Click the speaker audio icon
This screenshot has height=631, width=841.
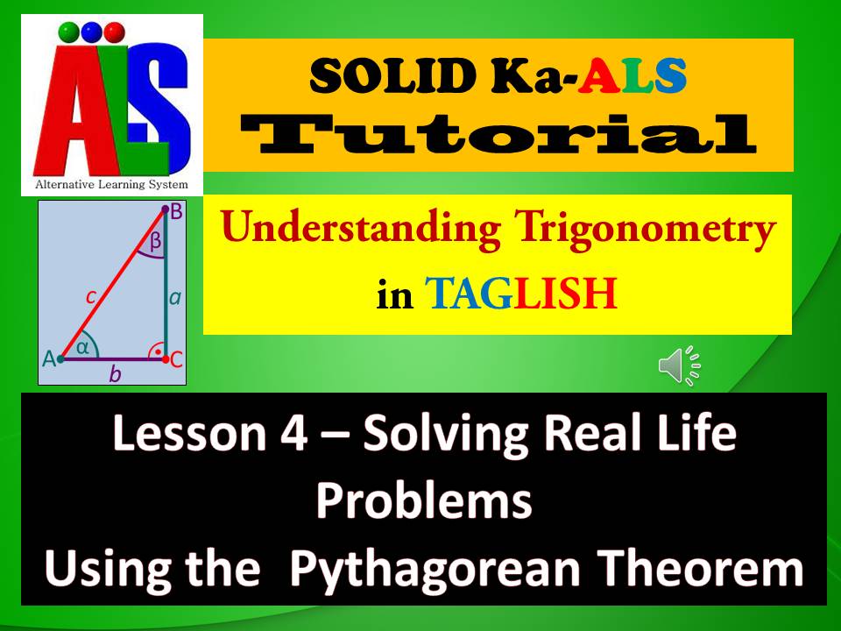[x=680, y=365]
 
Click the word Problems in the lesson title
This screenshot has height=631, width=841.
[x=424, y=502]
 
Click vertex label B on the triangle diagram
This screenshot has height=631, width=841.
[x=175, y=212]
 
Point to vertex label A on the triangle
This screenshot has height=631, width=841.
[x=48, y=358]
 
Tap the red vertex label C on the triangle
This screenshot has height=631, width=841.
[x=176, y=358]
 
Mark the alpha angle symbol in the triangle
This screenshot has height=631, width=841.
[x=83, y=348]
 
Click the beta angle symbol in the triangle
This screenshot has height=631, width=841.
[x=155, y=243]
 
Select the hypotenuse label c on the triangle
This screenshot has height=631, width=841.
[x=90, y=296]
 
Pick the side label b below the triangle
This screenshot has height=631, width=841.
[x=114, y=375]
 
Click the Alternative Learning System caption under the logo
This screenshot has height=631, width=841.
[x=111, y=185]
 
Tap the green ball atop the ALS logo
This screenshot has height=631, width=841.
[x=67, y=32]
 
